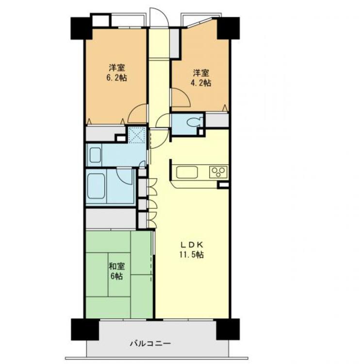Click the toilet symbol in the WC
(x=195, y=122)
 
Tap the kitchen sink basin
(x=187, y=172)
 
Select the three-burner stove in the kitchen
(x=218, y=172)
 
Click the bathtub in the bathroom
(x=96, y=186)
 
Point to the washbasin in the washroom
(x=95, y=155)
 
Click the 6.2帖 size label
(x=117, y=78)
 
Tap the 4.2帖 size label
(x=201, y=83)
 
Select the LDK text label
(x=192, y=245)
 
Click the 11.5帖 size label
(x=192, y=255)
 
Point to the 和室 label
(x=117, y=266)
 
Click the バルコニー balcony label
(x=150, y=343)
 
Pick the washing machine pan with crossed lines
(x=137, y=134)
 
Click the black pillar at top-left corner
(x=81, y=28)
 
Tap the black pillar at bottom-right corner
(x=228, y=329)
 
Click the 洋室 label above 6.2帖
(x=117, y=68)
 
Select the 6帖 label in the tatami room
(x=117, y=276)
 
